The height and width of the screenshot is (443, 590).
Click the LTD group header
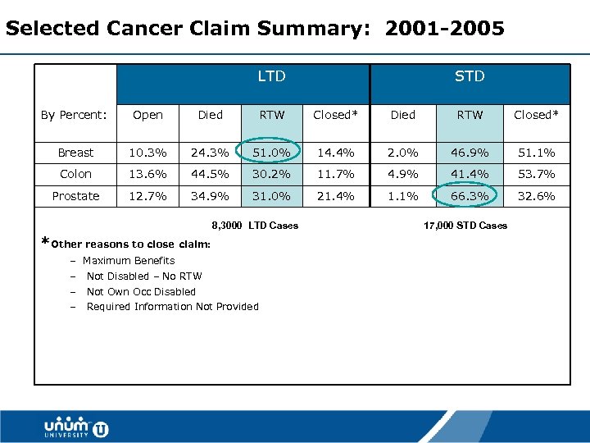point(271,76)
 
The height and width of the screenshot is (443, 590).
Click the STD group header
point(470,76)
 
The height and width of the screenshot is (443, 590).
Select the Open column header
point(147,115)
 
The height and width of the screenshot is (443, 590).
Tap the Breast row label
point(75,153)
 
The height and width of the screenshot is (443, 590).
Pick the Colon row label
point(75,174)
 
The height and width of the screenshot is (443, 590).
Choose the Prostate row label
point(75,196)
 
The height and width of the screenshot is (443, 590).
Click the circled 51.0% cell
point(272,153)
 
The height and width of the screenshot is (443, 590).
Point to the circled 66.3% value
point(470,196)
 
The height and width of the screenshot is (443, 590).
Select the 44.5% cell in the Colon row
point(211,174)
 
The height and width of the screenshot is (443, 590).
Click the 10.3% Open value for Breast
point(147,153)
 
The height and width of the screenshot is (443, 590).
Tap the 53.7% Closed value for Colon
point(534,174)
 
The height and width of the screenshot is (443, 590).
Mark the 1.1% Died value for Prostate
point(403,196)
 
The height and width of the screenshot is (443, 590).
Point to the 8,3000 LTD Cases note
point(255,226)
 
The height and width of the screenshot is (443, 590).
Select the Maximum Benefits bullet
point(129,261)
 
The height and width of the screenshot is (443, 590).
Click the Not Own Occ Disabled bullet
point(141,291)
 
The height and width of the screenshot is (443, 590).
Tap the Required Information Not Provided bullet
point(172,307)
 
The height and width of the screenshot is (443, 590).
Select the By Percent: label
point(75,115)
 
